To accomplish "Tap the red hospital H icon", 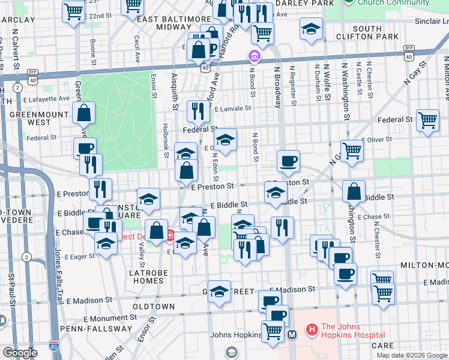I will point(312,329).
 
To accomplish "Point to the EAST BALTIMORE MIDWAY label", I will point(174,23).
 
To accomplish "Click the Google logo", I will point(20,353).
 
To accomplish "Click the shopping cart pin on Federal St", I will point(427,120).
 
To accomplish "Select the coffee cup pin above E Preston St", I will point(288,160).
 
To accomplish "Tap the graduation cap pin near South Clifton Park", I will point(311,29).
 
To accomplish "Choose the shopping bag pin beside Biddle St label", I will point(354,191).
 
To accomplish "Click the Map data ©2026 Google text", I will point(412,355).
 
